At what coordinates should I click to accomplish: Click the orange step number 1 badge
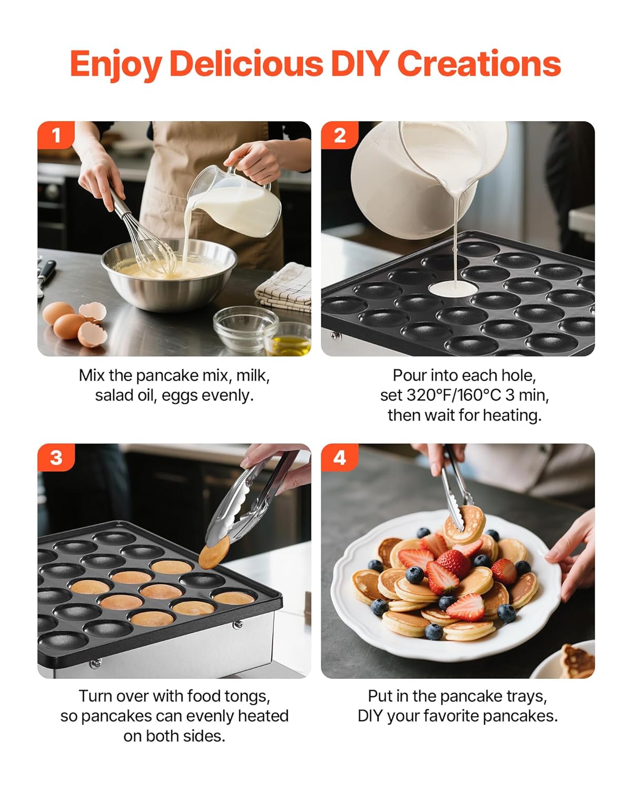click(56, 135)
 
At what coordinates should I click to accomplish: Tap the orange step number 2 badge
click(340, 135)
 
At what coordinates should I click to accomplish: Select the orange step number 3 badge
click(56, 457)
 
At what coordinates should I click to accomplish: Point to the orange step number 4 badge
click(340, 457)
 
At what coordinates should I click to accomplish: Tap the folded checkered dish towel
click(284, 287)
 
